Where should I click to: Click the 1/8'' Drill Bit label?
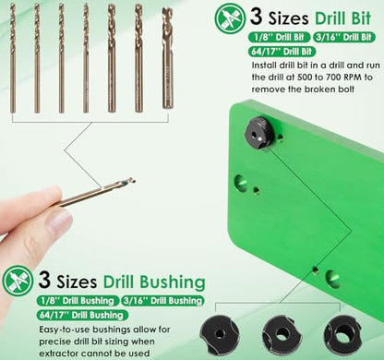coord(279,37)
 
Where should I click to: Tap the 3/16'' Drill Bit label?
coord(344,37)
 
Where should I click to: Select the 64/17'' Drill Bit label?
coord(282,51)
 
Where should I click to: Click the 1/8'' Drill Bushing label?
coord(78,301)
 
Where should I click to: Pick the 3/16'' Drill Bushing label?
coord(162,301)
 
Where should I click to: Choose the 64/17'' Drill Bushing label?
coord(82,315)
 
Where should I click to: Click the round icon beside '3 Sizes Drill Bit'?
coord(231,18)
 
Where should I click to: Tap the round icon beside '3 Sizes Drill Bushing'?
coord(18,281)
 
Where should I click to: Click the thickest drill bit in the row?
coord(167,58)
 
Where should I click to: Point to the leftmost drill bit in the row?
coord(13,58)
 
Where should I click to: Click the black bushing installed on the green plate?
coord(258,133)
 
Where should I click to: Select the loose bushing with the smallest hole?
coord(220,334)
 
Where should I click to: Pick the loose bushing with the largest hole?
coord(342,333)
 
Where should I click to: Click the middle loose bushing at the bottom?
coord(282,333)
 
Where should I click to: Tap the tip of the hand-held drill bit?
coord(135,179)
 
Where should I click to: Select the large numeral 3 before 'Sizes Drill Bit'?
coord(256,17)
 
